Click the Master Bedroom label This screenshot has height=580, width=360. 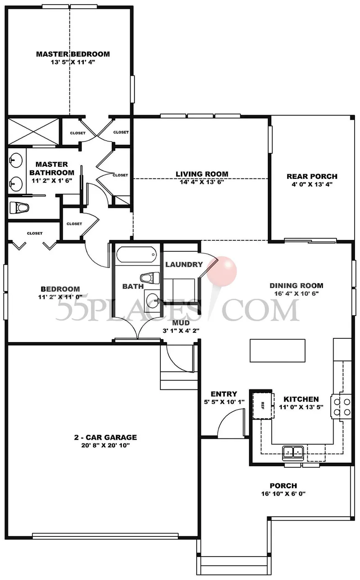tap(73, 54)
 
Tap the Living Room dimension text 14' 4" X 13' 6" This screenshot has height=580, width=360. tap(202, 182)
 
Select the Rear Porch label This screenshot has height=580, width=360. tap(312, 176)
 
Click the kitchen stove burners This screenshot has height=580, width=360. tap(342, 407)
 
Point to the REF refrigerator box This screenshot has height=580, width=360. tap(263, 406)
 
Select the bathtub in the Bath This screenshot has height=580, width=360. tap(136, 255)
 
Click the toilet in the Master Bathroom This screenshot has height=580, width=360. tap(19, 207)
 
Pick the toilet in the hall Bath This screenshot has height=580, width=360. tap(150, 278)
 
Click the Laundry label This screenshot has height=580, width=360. tap(184, 264)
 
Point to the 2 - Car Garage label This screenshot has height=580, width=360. tap(105, 437)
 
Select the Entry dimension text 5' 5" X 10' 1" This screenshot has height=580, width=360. tap(224, 402)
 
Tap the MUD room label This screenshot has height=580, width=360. tap(181, 323)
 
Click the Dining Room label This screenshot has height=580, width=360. tap(296, 286)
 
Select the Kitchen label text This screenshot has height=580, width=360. tap(301, 399)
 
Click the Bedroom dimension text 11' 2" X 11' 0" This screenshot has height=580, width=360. tap(60, 297)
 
